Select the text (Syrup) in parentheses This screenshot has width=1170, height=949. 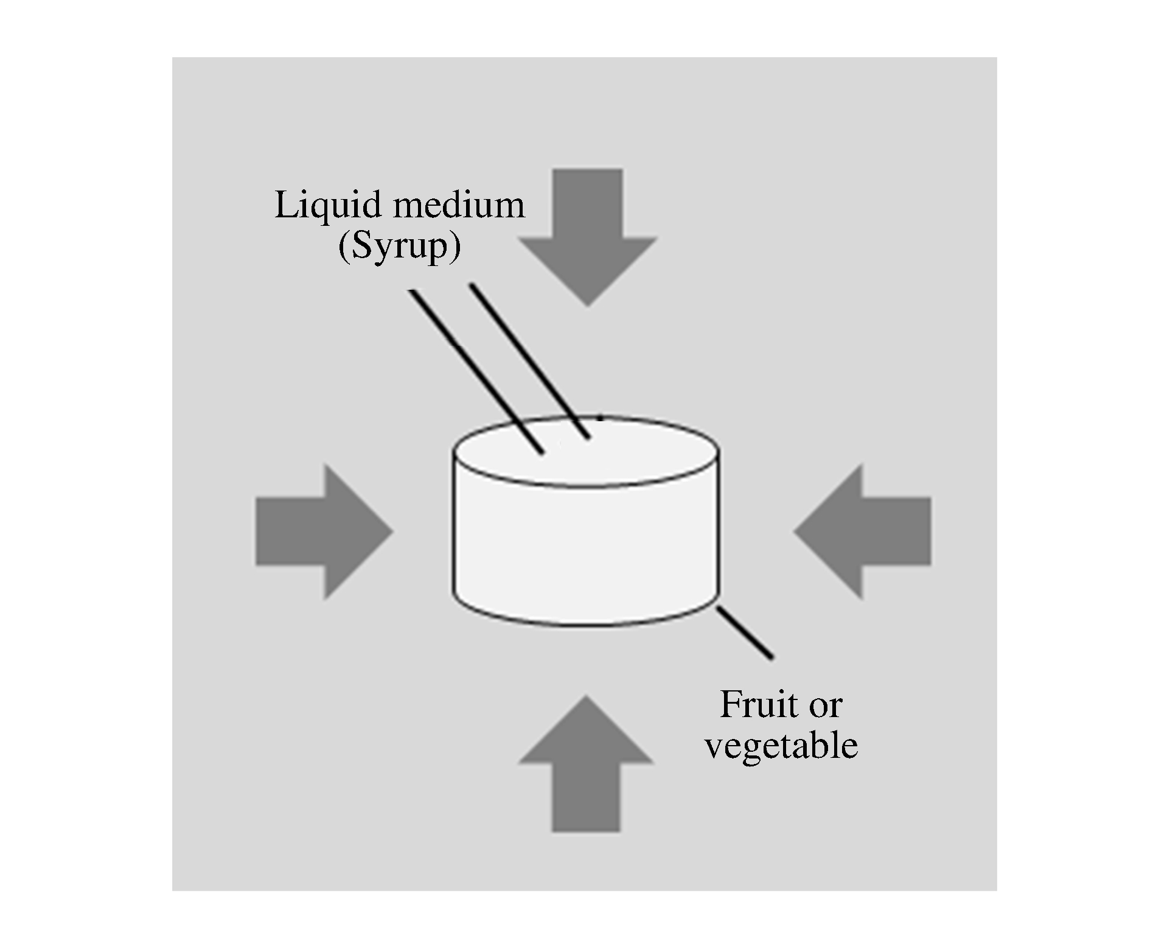point(399,247)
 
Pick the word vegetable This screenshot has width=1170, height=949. point(781,745)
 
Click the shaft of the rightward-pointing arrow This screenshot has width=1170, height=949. point(290,531)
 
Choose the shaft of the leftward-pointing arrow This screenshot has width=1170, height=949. point(897,531)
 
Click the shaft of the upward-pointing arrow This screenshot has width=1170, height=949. point(586,797)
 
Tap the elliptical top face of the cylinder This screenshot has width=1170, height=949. point(639,453)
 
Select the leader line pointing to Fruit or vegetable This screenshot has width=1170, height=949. point(745,632)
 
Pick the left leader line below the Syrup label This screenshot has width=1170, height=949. point(475,371)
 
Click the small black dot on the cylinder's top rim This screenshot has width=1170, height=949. point(601,418)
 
